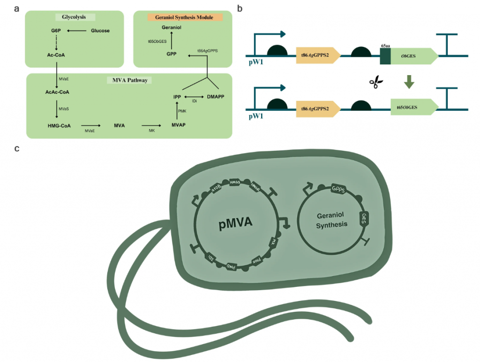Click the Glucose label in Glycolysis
coord(100,31)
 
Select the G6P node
coord(56,31)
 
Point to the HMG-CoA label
coord(59,125)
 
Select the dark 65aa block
coord(386,56)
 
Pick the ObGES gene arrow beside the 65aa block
coord(415,56)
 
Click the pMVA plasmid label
coord(235,223)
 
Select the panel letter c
coord(17,149)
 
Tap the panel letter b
coord(240,8)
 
